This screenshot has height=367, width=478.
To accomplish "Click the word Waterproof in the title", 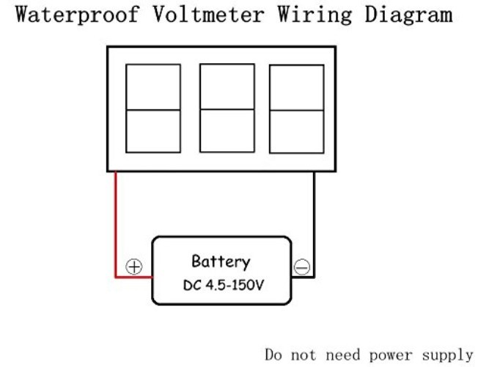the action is pyautogui.click(x=78, y=15).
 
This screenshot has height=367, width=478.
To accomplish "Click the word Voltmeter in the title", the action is pyautogui.click(x=208, y=15).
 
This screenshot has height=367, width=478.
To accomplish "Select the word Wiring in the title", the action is pyautogui.click(x=315, y=15).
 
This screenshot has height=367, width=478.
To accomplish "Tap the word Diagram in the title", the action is pyautogui.click(x=408, y=15).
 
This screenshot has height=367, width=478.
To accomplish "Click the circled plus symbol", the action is pyautogui.click(x=134, y=266).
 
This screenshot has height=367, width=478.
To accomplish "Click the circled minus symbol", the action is pyautogui.click(x=302, y=267).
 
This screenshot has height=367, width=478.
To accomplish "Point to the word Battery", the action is pyautogui.click(x=221, y=261).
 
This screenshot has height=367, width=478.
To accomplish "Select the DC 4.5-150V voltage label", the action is pyautogui.click(x=223, y=286).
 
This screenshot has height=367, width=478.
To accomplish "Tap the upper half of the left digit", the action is pyautogui.click(x=153, y=87).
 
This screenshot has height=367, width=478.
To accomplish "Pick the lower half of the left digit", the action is pyautogui.click(x=153, y=131).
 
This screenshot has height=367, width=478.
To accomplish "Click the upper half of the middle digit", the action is pyautogui.click(x=227, y=87).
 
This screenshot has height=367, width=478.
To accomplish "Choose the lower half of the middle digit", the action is pyautogui.click(x=227, y=131).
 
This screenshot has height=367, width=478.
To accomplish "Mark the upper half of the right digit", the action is pyautogui.click(x=297, y=87).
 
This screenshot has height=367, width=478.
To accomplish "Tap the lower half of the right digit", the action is pyautogui.click(x=297, y=132).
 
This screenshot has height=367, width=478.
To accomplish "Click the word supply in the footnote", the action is pyautogui.click(x=447, y=355).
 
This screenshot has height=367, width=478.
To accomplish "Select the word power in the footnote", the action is pyautogui.click(x=391, y=356).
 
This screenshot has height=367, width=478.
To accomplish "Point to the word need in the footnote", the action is pyautogui.click(x=342, y=355).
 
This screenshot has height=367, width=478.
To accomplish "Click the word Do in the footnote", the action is pyautogui.click(x=273, y=355).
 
